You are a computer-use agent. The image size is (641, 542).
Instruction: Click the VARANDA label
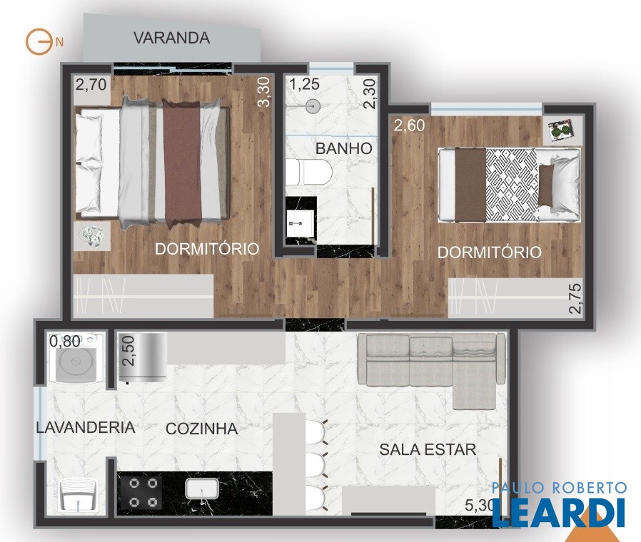point(172,38)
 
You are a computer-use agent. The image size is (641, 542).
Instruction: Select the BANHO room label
point(343,148)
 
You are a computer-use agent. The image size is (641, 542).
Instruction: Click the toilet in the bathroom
point(308,173)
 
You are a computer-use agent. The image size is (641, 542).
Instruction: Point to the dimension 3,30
point(265,92)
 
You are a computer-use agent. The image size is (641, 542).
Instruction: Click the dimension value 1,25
point(305,84)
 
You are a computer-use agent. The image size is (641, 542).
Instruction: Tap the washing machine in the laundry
point(76,358)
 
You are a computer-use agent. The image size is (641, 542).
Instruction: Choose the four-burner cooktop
point(141,493)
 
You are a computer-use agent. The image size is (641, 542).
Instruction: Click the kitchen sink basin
point(202,489)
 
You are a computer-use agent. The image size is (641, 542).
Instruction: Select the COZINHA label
point(201,429)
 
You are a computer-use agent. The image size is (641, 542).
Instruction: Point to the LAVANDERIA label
point(86,427)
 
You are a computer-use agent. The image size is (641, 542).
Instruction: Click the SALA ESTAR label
point(428,449)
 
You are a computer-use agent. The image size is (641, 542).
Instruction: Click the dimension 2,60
point(410,126)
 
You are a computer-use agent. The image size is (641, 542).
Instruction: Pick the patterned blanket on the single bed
point(511,185)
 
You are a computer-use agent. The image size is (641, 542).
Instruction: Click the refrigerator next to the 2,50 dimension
point(143,357)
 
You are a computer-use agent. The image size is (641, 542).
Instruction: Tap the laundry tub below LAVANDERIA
point(79,496)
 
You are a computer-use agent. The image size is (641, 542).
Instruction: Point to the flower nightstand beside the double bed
point(92,237)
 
